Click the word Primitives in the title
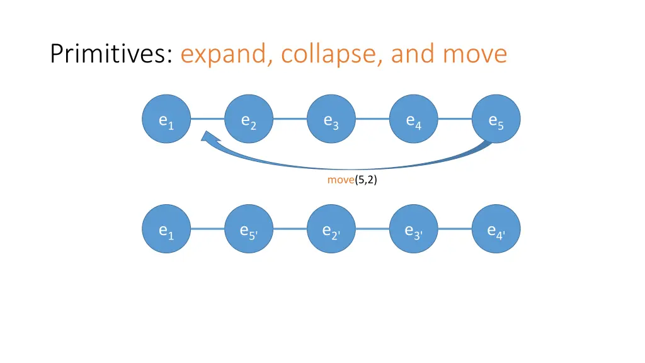point(111,54)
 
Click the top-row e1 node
point(166,118)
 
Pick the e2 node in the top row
point(249,118)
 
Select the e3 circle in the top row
point(331,118)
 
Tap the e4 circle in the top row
point(414,118)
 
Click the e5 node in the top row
point(496,118)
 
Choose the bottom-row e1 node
point(166,229)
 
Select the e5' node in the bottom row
point(249,229)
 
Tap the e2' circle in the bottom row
point(331,229)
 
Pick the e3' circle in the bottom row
point(414,229)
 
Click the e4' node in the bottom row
point(496,229)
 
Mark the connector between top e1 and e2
point(208,118)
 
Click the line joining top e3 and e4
point(372,118)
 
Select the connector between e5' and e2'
point(290,229)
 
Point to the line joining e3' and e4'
point(455,229)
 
